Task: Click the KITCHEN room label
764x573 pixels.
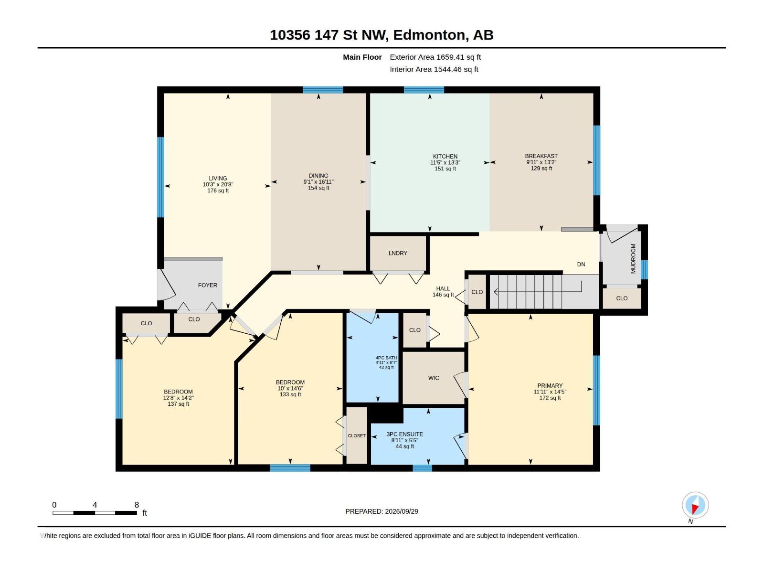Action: [445, 157]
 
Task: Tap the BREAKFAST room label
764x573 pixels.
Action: [541, 156]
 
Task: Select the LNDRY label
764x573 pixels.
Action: [398, 253]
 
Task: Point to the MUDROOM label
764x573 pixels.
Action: [633, 258]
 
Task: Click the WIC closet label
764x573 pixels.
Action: [434, 378]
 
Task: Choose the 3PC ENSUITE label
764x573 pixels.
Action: [405, 434]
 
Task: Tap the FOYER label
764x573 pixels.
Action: [207, 285]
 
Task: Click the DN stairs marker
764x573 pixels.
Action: [581, 265]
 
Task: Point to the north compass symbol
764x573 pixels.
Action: [695, 506]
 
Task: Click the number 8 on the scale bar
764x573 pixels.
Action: [137, 505]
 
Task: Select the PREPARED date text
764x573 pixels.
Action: [382, 511]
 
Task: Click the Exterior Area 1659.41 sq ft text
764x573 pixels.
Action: [435, 57]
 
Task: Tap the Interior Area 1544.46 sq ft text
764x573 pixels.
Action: [434, 69]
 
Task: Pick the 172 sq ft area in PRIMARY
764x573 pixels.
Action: [550, 398]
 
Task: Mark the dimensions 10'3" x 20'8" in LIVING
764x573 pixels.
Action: [218, 185]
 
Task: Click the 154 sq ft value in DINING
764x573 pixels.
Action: [318, 188]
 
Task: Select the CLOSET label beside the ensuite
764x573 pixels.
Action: [357, 435]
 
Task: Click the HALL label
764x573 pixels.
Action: [443, 289]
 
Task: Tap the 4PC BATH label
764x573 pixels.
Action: [386, 358]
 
